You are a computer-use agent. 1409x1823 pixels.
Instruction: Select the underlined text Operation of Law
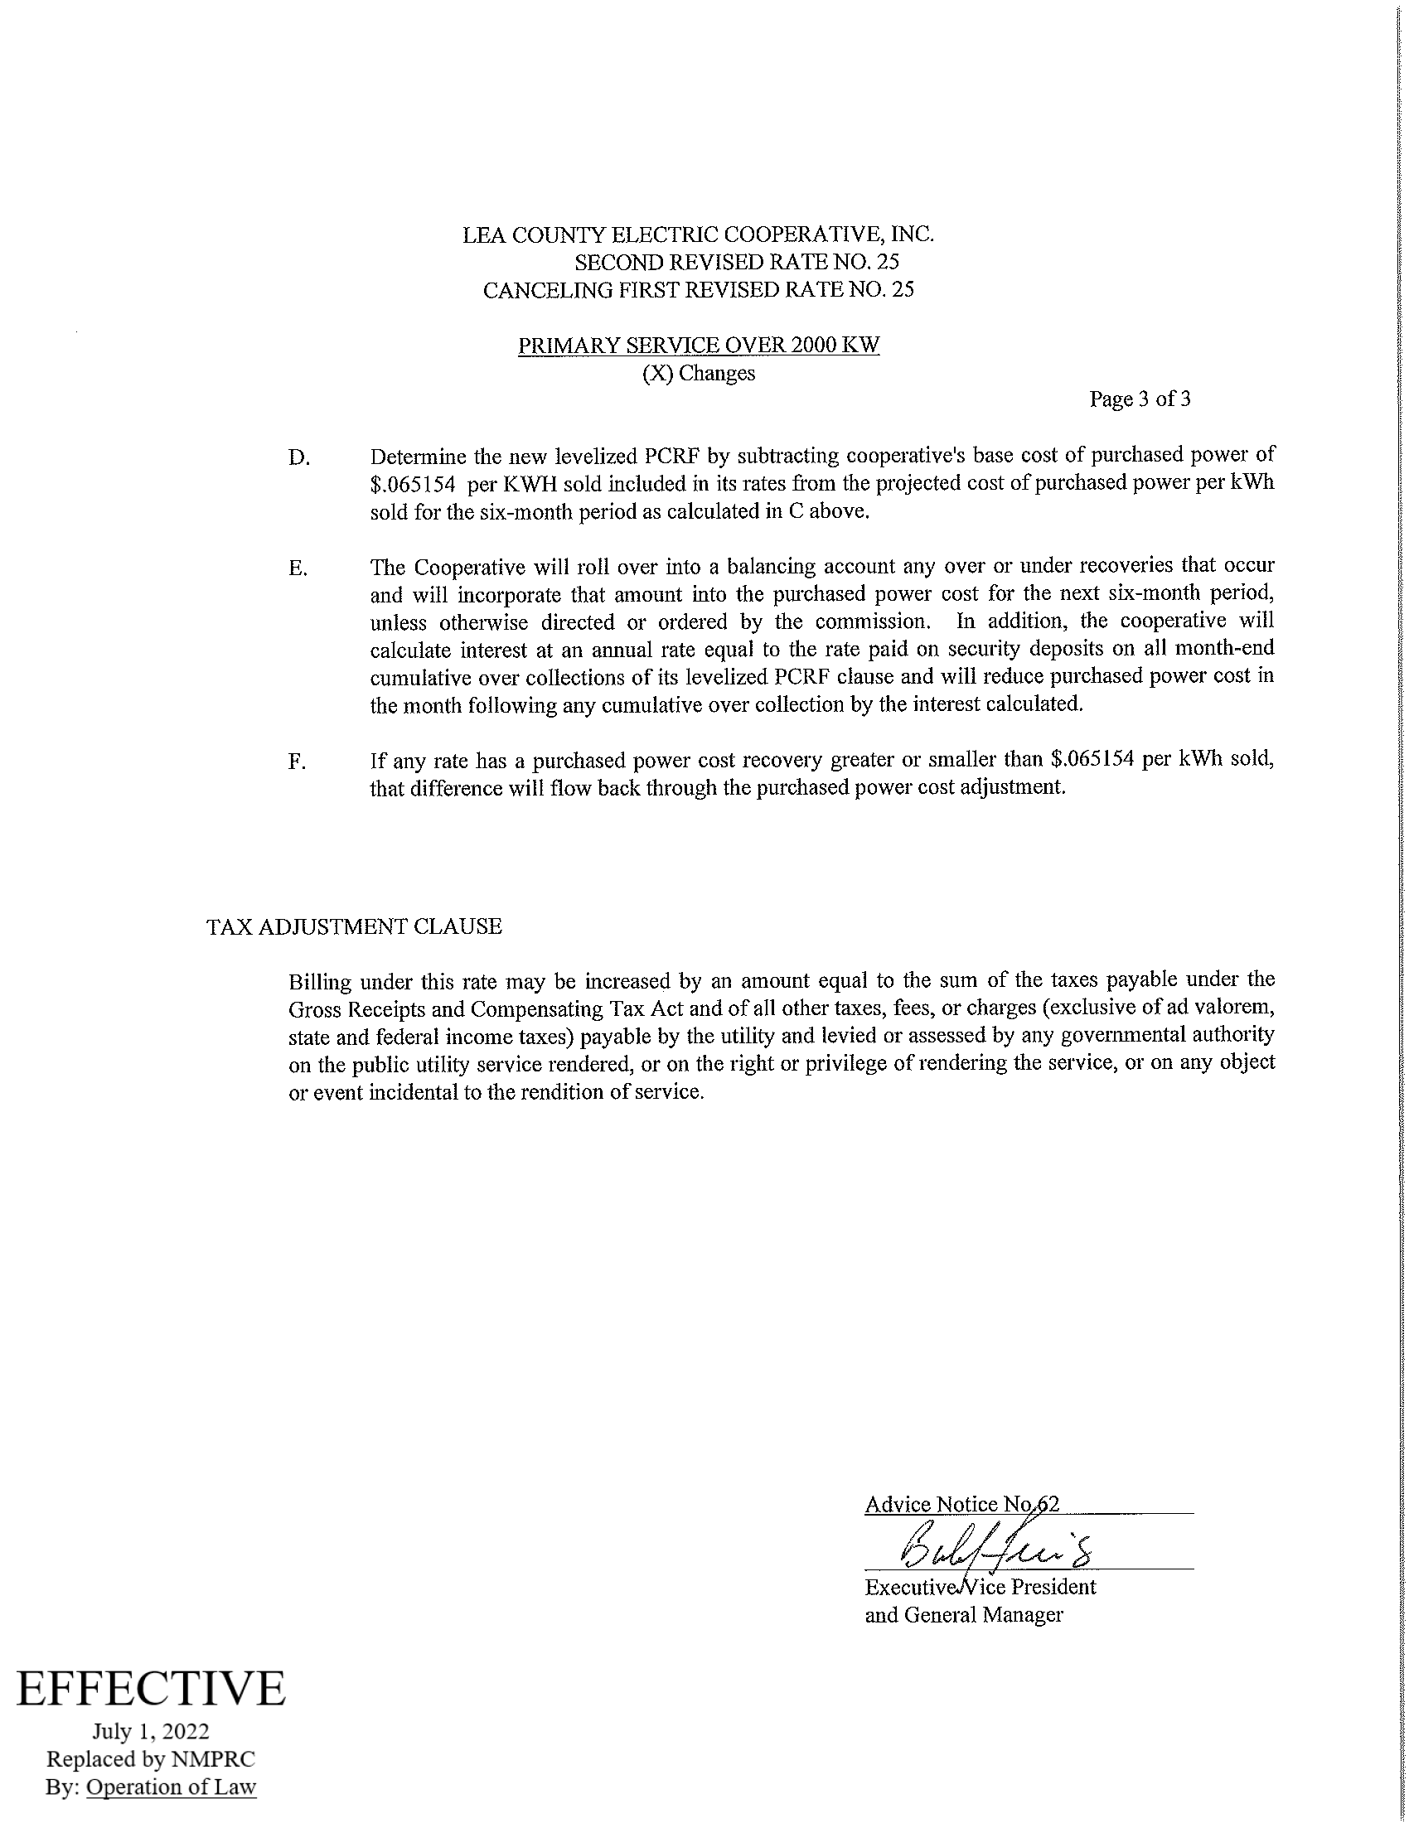pyautogui.click(x=171, y=1787)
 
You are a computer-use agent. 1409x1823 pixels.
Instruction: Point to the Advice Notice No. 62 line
pyautogui.click(x=961, y=1504)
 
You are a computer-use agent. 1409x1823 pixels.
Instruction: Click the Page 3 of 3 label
pyautogui.click(x=1140, y=399)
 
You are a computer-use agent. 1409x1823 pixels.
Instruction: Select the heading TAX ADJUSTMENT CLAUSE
pyautogui.click(x=354, y=926)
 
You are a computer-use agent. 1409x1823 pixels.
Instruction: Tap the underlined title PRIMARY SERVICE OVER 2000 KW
pyautogui.click(x=699, y=346)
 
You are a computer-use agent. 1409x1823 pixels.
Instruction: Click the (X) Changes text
pyautogui.click(x=698, y=373)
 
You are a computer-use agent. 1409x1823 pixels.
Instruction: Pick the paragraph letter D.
pyautogui.click(x=298, y=458)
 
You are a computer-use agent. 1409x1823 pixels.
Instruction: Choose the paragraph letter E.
pyautogui.click(x=298, y=569)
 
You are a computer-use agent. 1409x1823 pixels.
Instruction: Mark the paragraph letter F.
pyautogui.click(x=298, y=762)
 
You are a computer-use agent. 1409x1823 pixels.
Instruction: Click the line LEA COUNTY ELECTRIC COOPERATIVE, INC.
pyautogui.click(x=699, y=235)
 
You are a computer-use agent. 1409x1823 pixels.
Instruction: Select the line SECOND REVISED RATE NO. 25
pyautogui.click(x=737, y=262)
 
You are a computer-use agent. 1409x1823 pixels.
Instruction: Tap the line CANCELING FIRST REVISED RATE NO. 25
pyautogui.click(x=699, y=290)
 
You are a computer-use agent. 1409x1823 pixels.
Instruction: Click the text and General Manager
pyautogui.click(x=963, y=1615)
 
